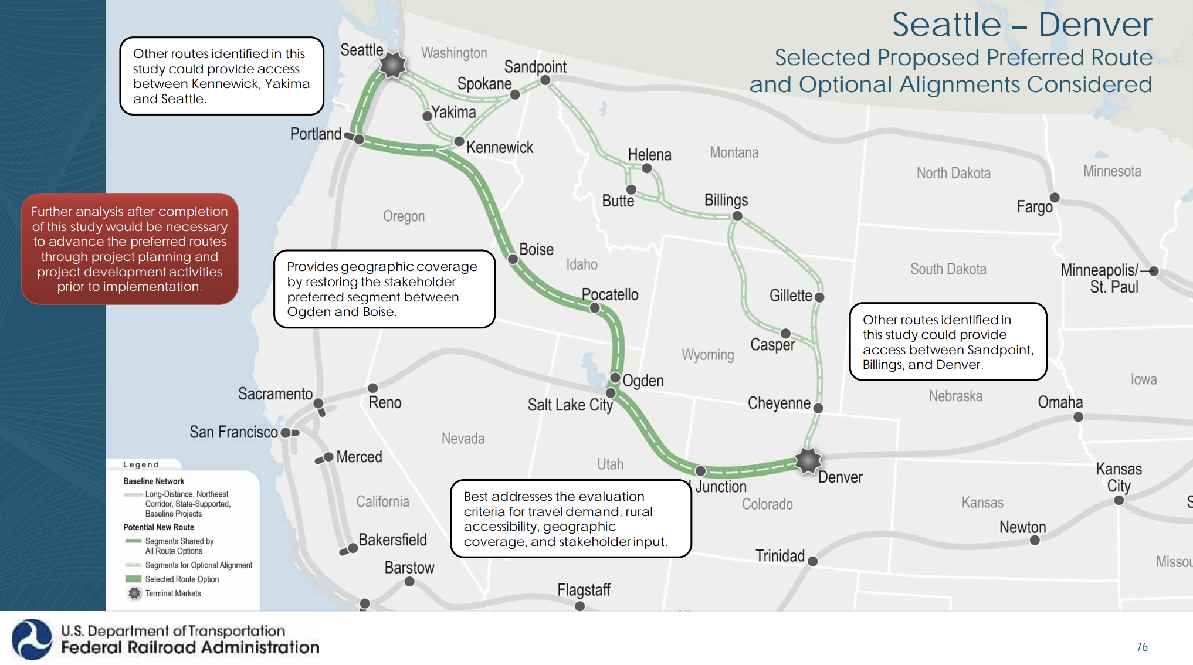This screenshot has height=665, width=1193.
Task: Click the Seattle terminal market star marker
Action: [392, 65]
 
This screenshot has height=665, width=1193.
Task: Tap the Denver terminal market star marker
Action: [808, 461]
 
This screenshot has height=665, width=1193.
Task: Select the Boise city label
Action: [536, 250]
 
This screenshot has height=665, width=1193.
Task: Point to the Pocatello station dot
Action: [595, 308]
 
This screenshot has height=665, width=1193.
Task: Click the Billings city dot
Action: [737, 216]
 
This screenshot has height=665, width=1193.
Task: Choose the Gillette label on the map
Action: [791, 296]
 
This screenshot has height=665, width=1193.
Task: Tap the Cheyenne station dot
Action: [818, 408]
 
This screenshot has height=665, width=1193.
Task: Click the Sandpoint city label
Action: [535, 67]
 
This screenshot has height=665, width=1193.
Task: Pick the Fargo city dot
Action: [1055, 197]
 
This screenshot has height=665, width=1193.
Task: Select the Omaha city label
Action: [1060, 402]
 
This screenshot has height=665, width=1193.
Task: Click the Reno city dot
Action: [372, 388]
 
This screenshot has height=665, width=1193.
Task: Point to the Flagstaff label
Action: [584, 589]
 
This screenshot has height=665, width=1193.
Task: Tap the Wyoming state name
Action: [707, 355]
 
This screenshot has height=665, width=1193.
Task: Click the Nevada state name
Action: [463, 439]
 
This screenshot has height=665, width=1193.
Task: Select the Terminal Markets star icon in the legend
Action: [134, 593]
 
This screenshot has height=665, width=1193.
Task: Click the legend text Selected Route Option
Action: [182, 579]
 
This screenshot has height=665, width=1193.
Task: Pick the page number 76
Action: [1141, 647]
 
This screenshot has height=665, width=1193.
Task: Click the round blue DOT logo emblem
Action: [32, 639]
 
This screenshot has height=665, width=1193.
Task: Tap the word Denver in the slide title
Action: [1094, 25]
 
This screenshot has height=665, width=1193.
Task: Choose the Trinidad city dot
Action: [812, 561]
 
